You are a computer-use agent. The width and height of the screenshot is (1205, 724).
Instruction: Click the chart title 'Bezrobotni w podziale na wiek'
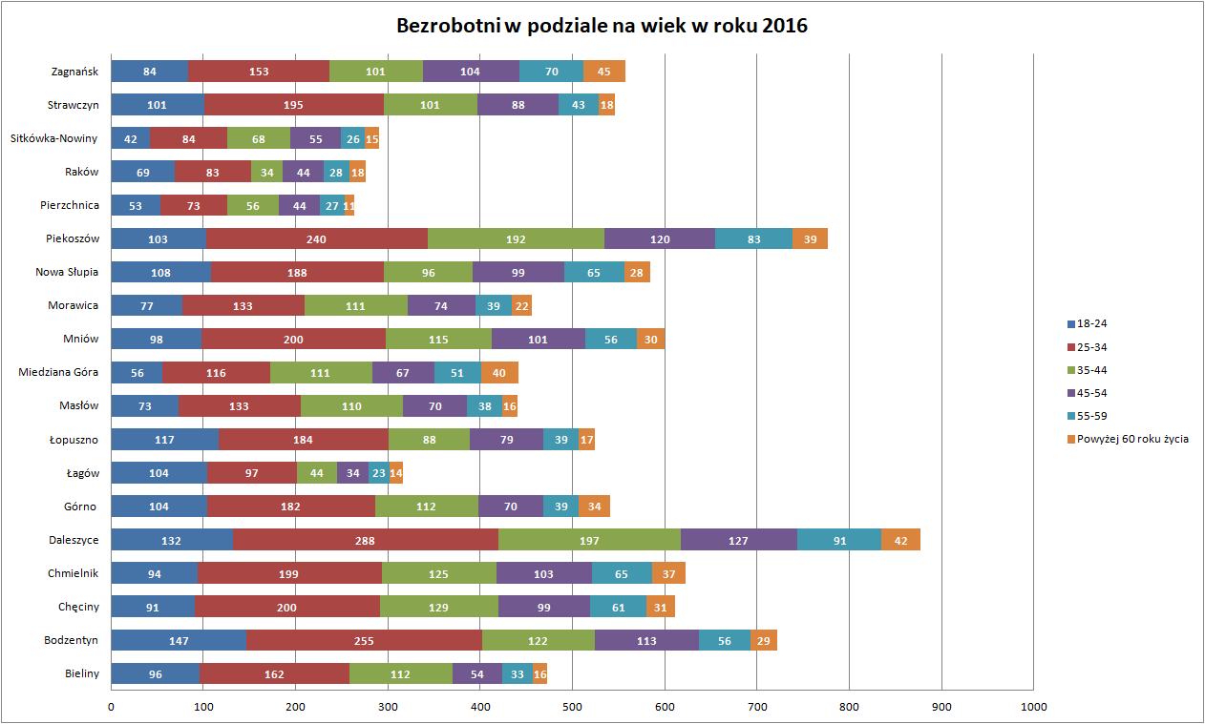click(602, 26)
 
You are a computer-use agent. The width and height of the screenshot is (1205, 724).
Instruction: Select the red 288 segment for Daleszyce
click(364, 540)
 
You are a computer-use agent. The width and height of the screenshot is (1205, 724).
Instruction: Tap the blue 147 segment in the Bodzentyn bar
click(179, 640)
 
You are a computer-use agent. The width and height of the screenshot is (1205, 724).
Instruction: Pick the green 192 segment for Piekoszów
click(516, 238)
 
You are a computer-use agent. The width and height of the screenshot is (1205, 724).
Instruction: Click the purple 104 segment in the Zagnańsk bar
click(470, 71)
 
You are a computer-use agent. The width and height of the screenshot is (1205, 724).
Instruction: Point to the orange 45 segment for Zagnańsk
click(604, 71)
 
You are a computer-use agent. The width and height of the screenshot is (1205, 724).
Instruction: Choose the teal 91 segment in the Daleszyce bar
click(839, 540)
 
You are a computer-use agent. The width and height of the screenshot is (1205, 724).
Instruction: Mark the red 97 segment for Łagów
click(252, 473)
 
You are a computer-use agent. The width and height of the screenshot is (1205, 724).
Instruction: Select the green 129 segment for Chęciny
click(434, 607)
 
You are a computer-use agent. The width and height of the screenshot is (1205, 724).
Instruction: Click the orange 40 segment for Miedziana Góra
click(499, 372)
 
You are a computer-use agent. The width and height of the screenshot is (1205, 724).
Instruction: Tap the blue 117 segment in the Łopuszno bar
click(165, 439)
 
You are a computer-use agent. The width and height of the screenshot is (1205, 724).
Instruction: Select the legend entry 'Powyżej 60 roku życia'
click(1131, 439)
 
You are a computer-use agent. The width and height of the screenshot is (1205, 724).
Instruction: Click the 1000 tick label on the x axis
click(1033, 707)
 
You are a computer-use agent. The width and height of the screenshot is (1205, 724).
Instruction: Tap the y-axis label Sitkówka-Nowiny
click(53, 138)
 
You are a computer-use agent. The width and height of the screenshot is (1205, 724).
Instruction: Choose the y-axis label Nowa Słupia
click(67, 272)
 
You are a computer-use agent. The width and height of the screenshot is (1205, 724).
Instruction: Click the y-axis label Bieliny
click(81, 673)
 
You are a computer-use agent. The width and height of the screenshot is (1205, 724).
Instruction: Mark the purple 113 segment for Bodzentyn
click(646, 640)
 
